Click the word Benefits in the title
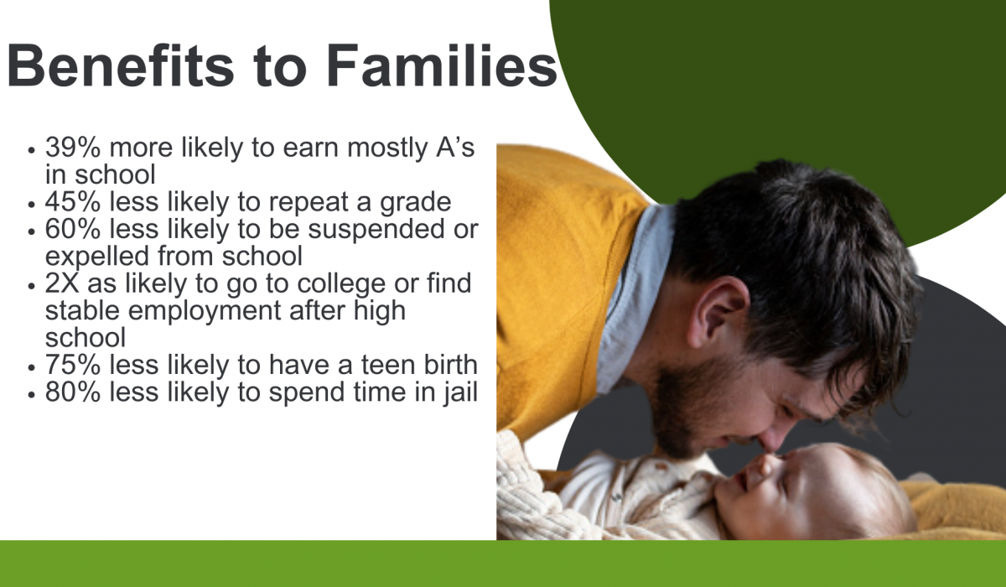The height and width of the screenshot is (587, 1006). tap(121, 65)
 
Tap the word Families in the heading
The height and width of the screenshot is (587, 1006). tap(442, 65)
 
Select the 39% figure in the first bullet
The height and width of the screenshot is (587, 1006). tap(73, 147)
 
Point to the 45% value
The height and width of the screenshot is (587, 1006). tap(73, 201)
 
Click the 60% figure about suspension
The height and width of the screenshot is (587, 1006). tap(73, 229)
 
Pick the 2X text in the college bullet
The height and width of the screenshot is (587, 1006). tap(62, 283)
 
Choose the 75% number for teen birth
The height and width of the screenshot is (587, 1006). tap(73, 364)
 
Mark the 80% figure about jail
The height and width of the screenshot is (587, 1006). tap(73, 392)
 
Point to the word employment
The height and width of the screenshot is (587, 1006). tap(205, 312)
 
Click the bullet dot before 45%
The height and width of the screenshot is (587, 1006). tap(31, 205)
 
